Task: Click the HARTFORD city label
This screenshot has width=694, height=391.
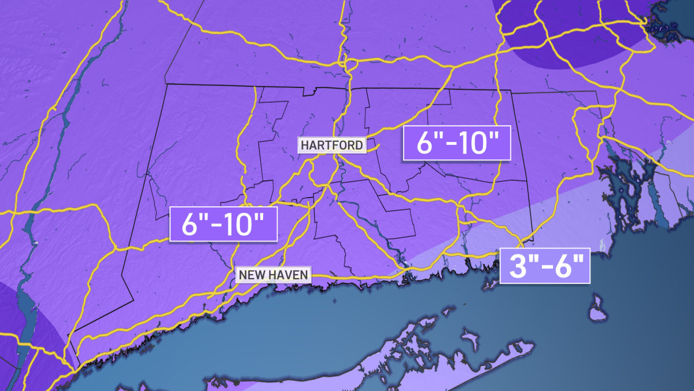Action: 332,145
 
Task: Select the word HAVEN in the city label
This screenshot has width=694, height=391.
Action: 289,274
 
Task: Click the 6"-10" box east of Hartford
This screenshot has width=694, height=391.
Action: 457,142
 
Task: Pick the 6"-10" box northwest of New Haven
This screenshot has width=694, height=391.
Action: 223,224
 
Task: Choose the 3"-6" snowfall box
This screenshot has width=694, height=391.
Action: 544,266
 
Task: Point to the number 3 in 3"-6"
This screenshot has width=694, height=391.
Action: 516,266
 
